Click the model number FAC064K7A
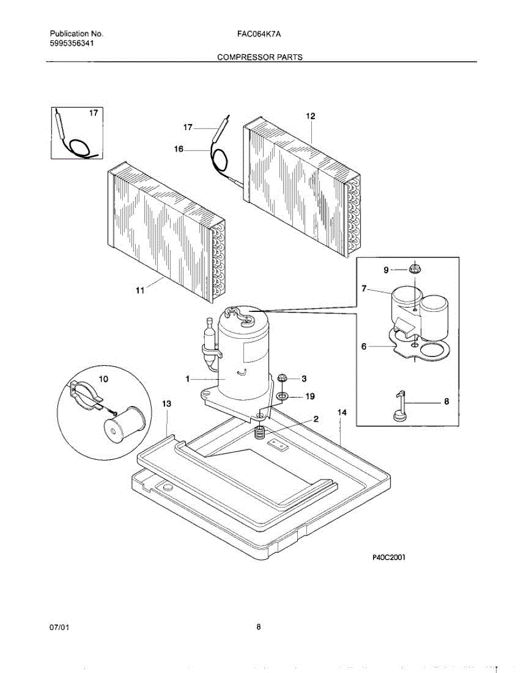coord(259,34)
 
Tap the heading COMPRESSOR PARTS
coord(260,57)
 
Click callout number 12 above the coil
coord(310,116)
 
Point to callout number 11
coord(140,290)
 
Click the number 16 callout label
coord(179,150)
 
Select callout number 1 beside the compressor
coord(188,380)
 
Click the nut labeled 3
coord(282,379)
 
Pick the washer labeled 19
coord(282,397)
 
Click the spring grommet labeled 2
coord(260,432)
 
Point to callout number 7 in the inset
coord(364,289)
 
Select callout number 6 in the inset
coord(364,347)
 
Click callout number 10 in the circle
coord(104,379)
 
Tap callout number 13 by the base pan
coord(167,404)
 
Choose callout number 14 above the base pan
coord(342,412)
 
